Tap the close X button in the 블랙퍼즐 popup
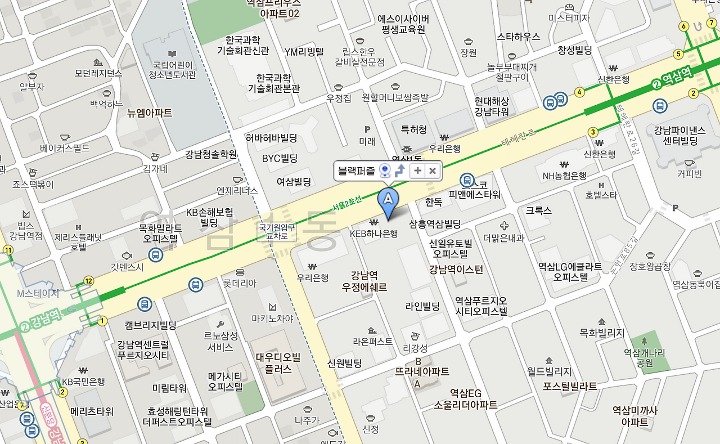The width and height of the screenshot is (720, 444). coord(433,171)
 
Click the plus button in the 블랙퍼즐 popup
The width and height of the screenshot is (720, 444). coord(417,171)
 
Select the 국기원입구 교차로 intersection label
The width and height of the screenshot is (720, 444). coord(276,231)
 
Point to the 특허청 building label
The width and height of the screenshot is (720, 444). coord(413,129)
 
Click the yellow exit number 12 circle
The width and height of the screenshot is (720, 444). coord(88,281)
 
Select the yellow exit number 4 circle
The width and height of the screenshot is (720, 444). coord(579,92)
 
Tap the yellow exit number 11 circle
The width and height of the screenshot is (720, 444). coord(8,250)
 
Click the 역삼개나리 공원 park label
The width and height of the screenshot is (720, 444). coord(644,358)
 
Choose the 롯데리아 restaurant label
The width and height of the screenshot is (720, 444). coord(240,284)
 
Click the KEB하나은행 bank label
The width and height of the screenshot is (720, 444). coord(373,233)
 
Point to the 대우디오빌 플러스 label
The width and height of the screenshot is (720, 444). coord(278,363)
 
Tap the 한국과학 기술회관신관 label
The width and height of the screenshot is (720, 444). coord(243,45)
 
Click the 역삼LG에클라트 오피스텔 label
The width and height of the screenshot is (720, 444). coord(570,271)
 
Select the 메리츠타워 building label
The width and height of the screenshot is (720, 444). coord(92,411)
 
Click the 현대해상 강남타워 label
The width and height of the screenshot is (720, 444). coord(492,106)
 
